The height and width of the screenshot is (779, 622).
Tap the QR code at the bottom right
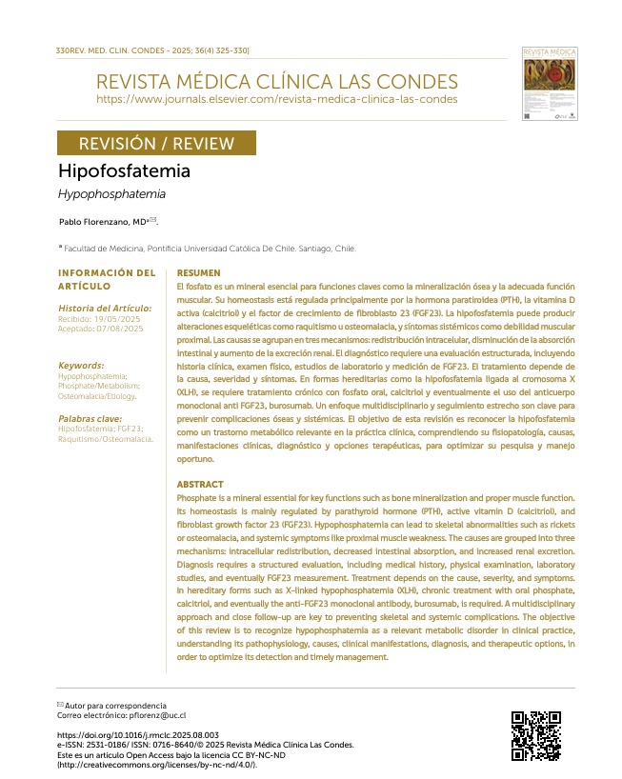535,735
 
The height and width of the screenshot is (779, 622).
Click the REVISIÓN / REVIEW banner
156,144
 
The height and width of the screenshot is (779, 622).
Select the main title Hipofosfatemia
124,171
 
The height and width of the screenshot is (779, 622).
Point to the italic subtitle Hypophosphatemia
111,194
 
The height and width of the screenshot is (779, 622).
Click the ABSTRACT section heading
201,485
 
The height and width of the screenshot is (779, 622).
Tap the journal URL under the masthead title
276,99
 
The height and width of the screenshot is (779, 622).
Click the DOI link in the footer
138,735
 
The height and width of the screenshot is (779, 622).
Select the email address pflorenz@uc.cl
149,714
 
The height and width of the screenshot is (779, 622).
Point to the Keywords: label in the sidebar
81,365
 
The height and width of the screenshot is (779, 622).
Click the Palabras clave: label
89,418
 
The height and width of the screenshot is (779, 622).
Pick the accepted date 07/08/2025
119,329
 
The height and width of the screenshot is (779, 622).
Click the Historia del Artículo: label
105,308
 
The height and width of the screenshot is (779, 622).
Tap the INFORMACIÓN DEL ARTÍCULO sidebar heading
106,279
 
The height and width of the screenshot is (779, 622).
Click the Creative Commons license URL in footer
157,765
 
